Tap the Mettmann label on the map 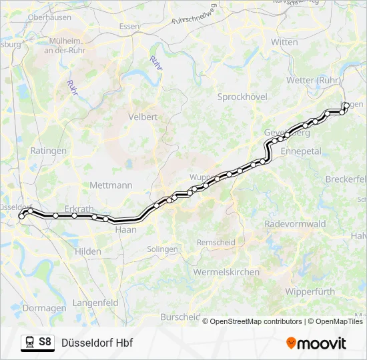coord(111,185)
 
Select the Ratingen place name coord(49,151)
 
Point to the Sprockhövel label coord(242,97)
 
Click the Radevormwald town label coord(294,223)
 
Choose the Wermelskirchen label coord(226,272)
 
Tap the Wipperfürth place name coord(308,291)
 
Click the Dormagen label coord(44,308)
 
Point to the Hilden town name coord(88,251)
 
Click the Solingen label coord(163,249)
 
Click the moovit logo coord(316,343)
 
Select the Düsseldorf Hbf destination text coord(97,343)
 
